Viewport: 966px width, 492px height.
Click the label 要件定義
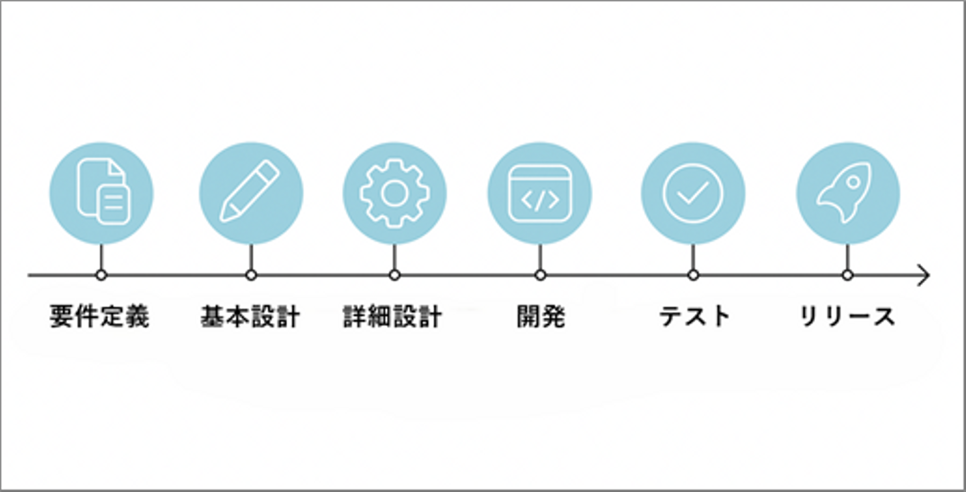click(x=99, y=316)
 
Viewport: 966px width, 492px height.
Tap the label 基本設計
click(x=250, y=316)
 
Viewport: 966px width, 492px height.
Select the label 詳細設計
click(x=392, y=316)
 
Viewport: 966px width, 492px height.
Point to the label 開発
click(x=541, y=316)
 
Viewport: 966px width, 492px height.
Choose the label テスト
click(x=694, y=316)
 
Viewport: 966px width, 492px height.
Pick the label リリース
click(x=847, y=316)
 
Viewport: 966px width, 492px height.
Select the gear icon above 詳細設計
click(x=394, y=193)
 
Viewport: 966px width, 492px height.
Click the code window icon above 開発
click(x=539, y=193)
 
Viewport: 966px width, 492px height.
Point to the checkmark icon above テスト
click(x=693, y=193)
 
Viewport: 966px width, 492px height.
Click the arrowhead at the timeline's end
click(x=924, y=275)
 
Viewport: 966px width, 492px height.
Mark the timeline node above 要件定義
click(x=101, y=275)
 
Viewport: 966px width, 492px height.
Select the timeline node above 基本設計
click(x=251, y=275)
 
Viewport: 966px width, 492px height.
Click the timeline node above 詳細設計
click(x=394, y=275)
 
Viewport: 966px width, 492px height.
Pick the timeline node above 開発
click(x=540, y=275)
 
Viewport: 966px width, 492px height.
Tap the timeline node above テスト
click(x=693, y=275)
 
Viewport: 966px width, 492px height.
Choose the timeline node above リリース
click(x=847, y=275)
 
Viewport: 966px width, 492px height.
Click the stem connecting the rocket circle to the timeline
click(x=847, y=257)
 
